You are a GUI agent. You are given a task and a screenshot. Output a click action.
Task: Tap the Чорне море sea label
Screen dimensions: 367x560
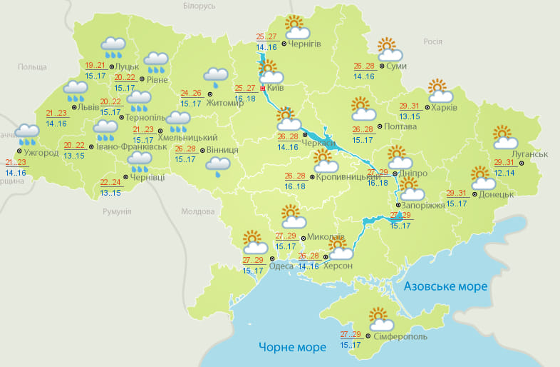click(292, 347)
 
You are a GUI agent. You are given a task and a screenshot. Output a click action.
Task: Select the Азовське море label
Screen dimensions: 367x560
click(445, 286)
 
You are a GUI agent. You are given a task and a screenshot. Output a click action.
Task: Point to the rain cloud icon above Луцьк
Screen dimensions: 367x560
click(113, 46)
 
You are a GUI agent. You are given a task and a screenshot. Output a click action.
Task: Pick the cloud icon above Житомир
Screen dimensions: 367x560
click(215, 76)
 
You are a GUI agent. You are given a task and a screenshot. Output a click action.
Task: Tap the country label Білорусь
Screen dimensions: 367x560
click(198, 6)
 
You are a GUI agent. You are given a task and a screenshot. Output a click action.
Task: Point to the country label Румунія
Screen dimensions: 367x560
click(117, 212)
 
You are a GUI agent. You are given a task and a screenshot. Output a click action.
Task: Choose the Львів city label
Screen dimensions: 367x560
click(88, 107)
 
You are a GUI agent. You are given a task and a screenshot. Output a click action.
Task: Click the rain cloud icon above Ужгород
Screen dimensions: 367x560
click(28, 131)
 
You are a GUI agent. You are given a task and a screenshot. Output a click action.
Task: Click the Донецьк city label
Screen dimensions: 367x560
click(497, 193)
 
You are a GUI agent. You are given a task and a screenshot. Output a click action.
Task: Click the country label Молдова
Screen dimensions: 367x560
click(197, 212)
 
